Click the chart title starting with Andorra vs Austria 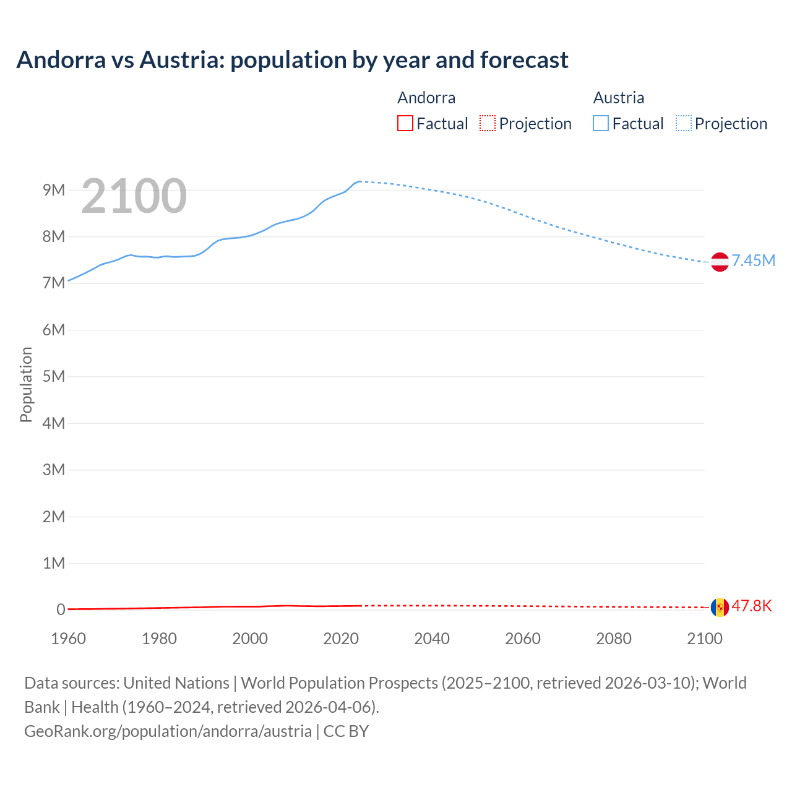(x=292, y=60)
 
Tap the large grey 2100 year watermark (x=134, y=196)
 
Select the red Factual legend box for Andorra (x=405, y=124)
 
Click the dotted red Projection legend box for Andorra (x=488, y=124)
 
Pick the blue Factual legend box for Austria (x=601, y=124)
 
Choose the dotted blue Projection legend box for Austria (x=683, y=124)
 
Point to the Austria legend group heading (x=618, y=98)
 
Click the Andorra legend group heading (x=426, y=98)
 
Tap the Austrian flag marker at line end (x=720, y=262)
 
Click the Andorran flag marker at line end (x=720, y=607)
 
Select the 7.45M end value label (x=753, y=260)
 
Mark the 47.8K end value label (x=751, y=606)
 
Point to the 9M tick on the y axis (x=54, y=190)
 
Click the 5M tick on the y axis (x=54, y=376)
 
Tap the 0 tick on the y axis (x=61, y=609)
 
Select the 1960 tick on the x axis (x=68, y=639)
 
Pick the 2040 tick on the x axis (x=432, y=639)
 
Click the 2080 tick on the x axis (x=614, y=639)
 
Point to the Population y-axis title (x=26, y=384)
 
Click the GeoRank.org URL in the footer (x=168, y=731)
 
